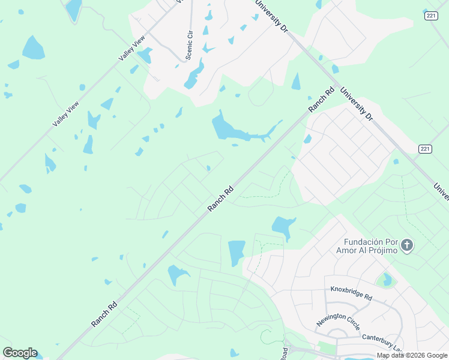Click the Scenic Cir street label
coord(190,45)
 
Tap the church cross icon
coord(408,245)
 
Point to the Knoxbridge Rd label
coord(351,293)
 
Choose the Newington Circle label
coord(338,322)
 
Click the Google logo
coord(20,353)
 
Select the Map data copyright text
coord(412,355)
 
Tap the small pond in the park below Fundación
coord(386,280)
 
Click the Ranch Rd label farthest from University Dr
coord(104,314)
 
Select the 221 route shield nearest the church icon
coord(424,148)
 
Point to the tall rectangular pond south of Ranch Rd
coord(237,253)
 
